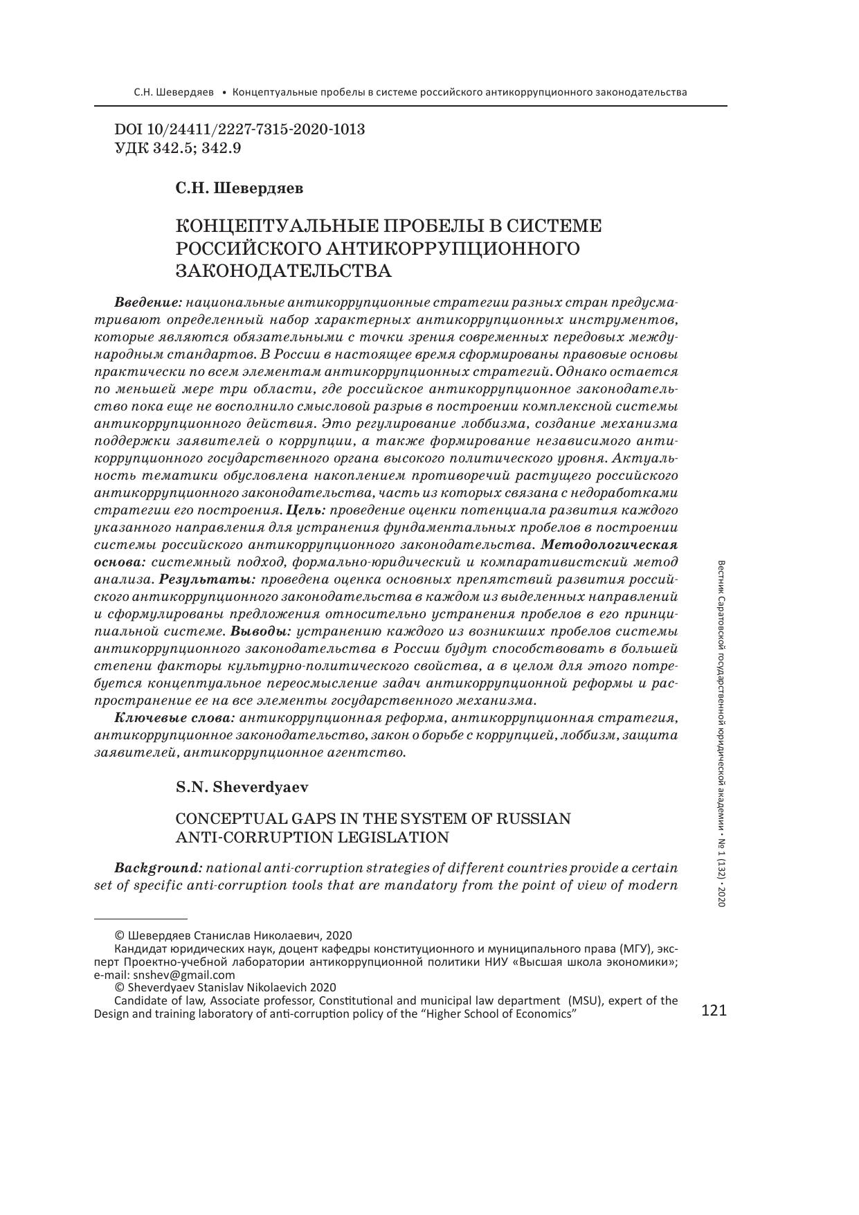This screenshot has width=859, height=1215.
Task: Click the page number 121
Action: (714, 1011)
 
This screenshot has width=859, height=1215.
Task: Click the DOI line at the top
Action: (239, 129)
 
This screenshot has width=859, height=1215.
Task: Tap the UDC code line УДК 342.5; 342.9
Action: (177, 147)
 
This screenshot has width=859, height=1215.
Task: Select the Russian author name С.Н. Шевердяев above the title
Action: (239, 188)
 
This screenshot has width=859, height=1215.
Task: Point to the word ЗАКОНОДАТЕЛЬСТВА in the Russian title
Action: (284, 270)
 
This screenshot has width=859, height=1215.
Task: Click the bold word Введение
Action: (147, 303)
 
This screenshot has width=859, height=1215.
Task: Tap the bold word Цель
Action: (305, 510)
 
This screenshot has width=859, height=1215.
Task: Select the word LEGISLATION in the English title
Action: (392, 837)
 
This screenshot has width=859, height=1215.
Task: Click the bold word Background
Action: (158, 868)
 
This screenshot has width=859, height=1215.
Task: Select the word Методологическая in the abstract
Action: (609, 545)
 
